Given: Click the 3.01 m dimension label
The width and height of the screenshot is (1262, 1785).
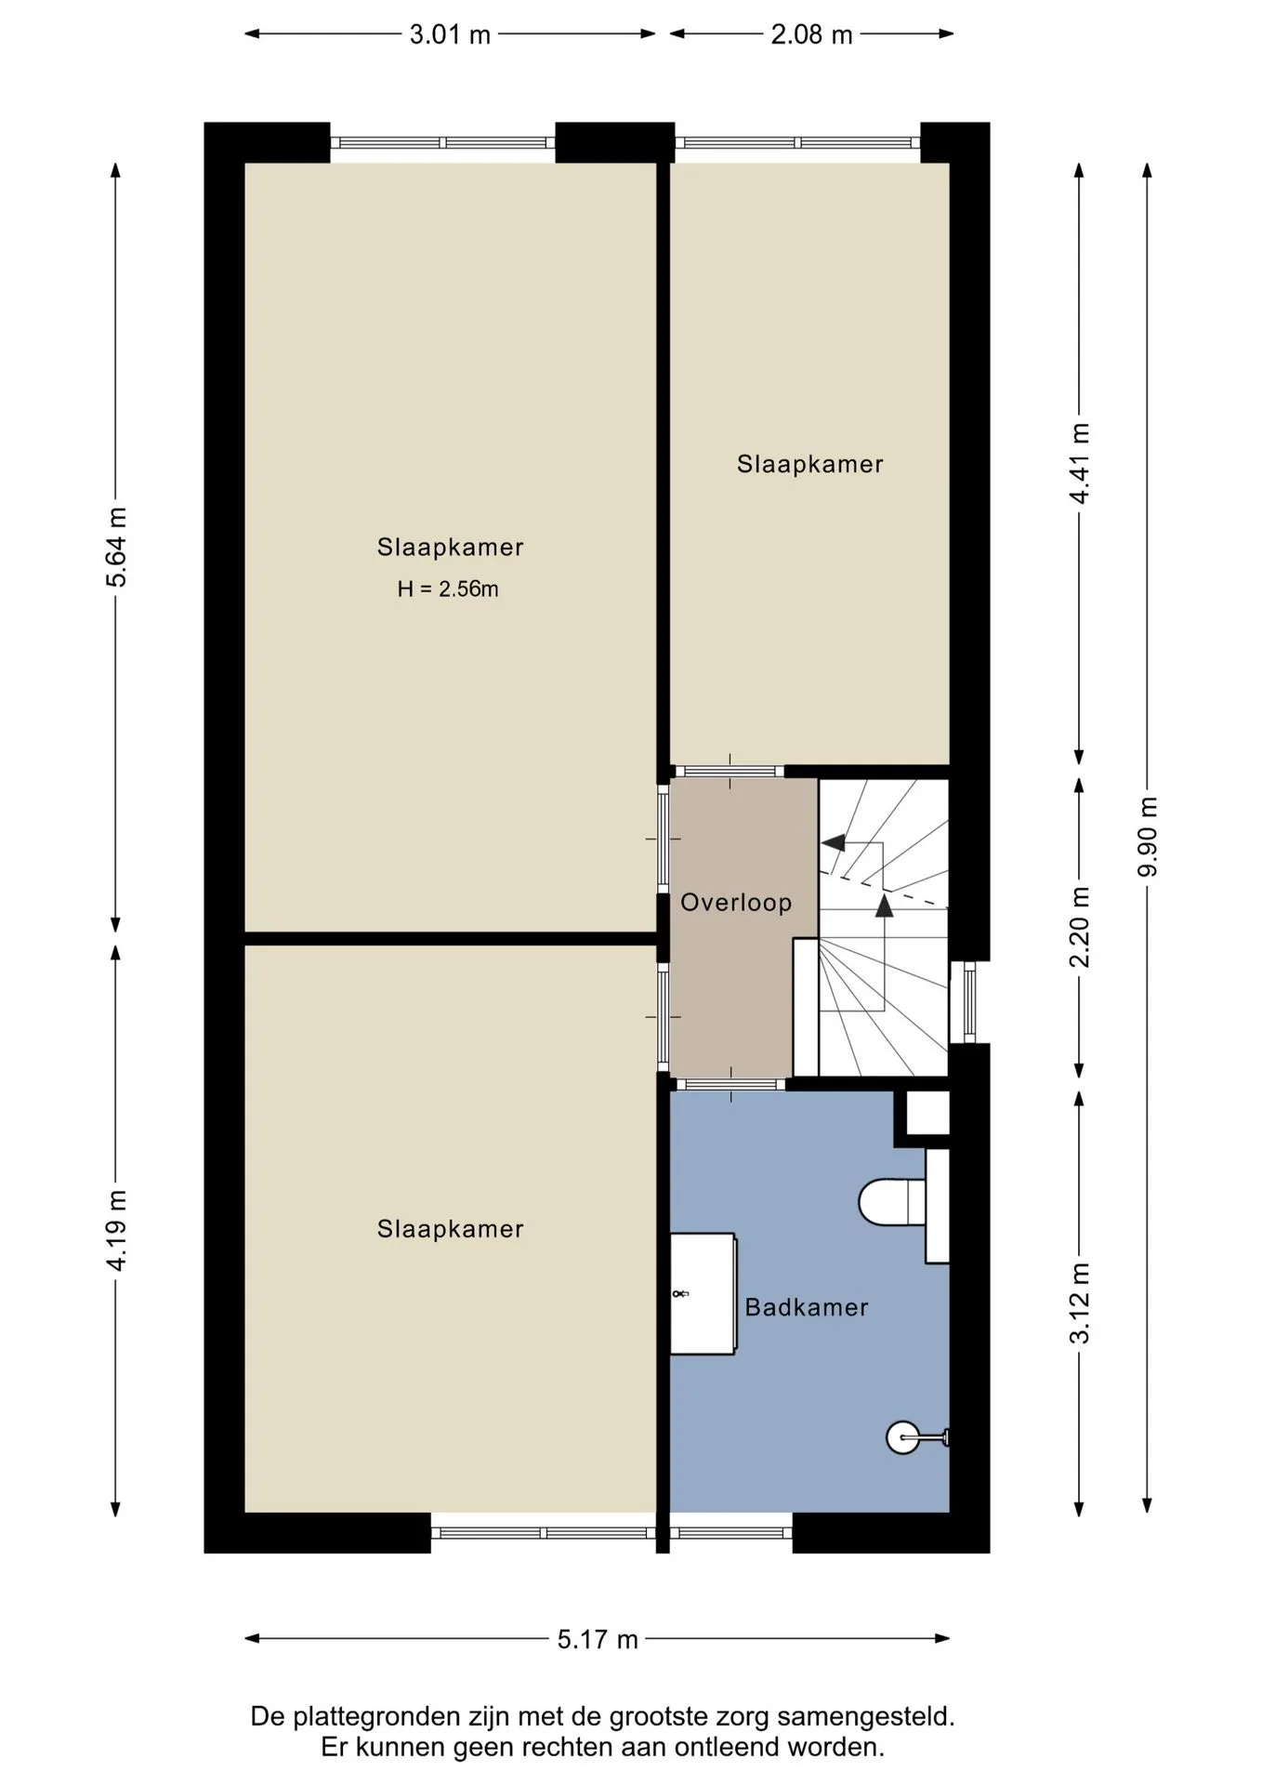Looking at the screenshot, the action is [x=450, y=35].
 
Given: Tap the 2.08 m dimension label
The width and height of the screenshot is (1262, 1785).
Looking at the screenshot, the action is [x=811, y=35].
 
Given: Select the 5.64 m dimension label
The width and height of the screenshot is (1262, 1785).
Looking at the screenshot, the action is [x=117, y=548].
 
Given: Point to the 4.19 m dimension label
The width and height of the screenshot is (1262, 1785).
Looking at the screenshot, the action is [x=117, y=1230].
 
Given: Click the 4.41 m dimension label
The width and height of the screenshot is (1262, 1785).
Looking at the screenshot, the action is [x=1080, y=464].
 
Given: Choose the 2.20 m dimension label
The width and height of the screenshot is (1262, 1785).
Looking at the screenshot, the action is [x=1080, y=927].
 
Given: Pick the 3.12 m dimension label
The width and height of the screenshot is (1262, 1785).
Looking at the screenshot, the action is [x=1080, y=1303].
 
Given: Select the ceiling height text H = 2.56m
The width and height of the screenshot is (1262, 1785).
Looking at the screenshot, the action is [x=448, y=589].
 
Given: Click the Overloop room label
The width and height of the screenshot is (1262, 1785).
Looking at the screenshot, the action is [x=736, y=903].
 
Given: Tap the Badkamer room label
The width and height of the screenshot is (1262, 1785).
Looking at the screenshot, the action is [x=807, y=1307].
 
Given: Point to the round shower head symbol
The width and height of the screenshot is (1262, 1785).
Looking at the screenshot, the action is [x=902, y=1438].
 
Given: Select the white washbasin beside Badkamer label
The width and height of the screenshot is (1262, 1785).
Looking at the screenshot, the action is [x=703, y=1293].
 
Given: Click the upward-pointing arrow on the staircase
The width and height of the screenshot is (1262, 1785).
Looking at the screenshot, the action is [x=884, y=906].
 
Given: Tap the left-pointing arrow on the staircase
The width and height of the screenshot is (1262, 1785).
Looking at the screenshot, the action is [x=834, y=843].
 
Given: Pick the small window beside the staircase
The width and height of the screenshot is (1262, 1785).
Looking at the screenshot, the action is [x=969, y=1002].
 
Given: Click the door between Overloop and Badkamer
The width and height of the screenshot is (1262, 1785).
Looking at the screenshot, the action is [x=730, y=1084].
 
